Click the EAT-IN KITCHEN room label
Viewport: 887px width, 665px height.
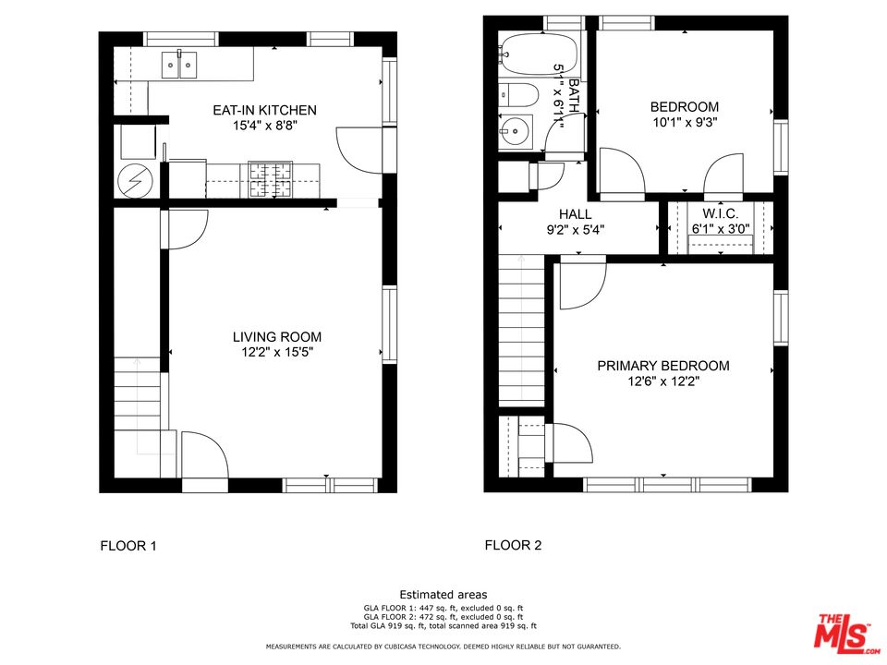(264, 109)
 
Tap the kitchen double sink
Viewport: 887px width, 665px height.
(180, 65)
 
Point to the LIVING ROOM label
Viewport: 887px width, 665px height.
(277, 337)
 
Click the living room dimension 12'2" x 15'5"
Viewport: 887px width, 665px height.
(277, 352)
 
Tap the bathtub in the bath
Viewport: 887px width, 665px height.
(539, 54)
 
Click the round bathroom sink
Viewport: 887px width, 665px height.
(515, 132)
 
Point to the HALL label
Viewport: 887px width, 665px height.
(575, 214)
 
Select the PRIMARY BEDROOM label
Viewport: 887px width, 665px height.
(662, 366)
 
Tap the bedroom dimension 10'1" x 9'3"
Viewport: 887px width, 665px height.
(684, 121)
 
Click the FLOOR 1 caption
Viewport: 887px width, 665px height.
(128, 546)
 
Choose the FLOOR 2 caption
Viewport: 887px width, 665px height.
(513, 545)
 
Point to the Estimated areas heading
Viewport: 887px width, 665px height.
(443, 595)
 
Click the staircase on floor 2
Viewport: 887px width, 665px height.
(523, 332)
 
